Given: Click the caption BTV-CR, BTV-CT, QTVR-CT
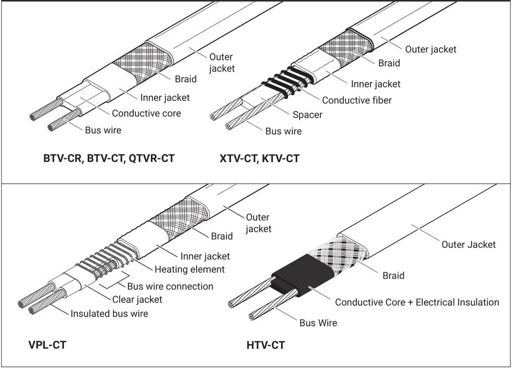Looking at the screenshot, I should click(109, 158).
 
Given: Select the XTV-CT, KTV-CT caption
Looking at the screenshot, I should click(259, 158).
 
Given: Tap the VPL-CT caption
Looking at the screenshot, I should click(47, 345).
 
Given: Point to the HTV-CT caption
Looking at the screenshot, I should click(266, 345).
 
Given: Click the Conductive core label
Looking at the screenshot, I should click(146, 113).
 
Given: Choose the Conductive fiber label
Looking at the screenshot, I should click(357, 100).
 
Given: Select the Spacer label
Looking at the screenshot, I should click(307, 115).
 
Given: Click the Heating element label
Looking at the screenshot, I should click(189, 269).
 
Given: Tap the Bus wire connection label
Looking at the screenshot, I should click(170, 286).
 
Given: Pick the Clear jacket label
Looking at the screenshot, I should click(137, 300).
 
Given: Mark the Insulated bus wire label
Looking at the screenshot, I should click(109, 314).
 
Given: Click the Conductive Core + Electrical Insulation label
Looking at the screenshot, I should click(417, 302).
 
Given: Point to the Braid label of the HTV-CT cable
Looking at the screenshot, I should click(393, 276).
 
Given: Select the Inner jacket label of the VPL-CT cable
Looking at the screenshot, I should click(205, 256).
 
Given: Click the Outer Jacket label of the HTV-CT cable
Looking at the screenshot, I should click(468, 245).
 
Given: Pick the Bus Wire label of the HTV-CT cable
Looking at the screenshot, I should click(318, 323).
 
